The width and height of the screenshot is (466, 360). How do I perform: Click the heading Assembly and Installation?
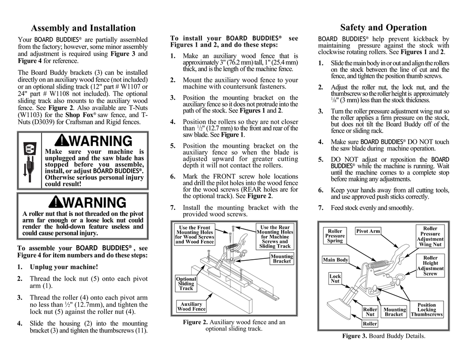coord(83,28)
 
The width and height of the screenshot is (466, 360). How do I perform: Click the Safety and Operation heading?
coord(383,28)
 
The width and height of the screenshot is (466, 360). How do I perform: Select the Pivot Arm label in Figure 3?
coord(368,231)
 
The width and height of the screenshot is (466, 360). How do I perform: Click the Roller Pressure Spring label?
coord(335,236)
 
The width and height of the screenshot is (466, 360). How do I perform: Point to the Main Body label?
coord(335,260)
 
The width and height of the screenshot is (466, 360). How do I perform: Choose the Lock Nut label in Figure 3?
coord(335,279)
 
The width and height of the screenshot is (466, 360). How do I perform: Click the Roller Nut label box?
coord(370,312)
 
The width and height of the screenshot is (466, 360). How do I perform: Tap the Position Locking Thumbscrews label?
coord(426,310)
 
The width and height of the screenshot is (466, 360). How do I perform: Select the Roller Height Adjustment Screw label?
coord(430,266)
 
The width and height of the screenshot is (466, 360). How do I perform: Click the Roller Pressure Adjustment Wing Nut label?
coord(430,236)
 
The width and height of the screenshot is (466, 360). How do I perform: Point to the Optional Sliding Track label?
coord(186,284)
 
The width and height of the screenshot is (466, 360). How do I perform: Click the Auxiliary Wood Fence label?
coord(191,306)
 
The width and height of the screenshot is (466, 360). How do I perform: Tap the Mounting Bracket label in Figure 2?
coord(282,259)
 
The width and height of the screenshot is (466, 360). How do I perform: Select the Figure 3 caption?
coord(383,336)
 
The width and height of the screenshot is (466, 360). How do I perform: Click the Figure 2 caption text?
coord(234,325)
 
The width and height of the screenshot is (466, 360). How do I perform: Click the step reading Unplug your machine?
coord(64,267)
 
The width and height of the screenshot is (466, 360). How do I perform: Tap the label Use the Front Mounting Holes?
coord(195,235)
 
